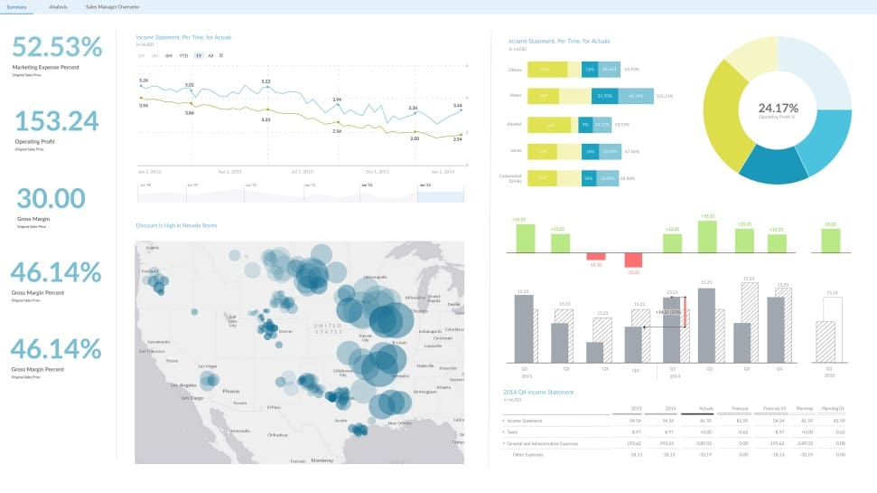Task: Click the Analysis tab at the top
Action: click(58, 6)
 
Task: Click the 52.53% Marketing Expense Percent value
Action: click(57, 47)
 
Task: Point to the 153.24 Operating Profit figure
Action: click(56, 121)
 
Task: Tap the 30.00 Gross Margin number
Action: click(51, 198)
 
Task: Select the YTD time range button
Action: click(183, 55)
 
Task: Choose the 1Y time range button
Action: click(198, 55)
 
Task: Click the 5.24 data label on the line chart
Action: click(144, 81)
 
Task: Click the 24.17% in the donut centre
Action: click(777, 107)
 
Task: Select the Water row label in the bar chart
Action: click(516, 95)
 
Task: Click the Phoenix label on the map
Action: click(230, 392)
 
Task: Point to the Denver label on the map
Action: click(285, 331)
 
